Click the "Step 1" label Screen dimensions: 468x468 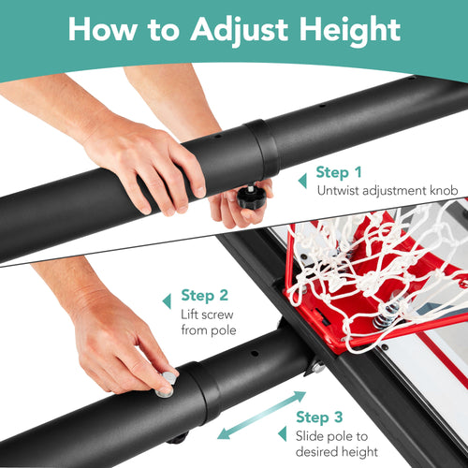point(338,172)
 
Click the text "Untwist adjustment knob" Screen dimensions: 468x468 point(386,191)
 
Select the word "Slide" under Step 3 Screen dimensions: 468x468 point(312,437)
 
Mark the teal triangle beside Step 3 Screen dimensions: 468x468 point(281,432)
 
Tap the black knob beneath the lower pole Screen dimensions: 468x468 point(178,437)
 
